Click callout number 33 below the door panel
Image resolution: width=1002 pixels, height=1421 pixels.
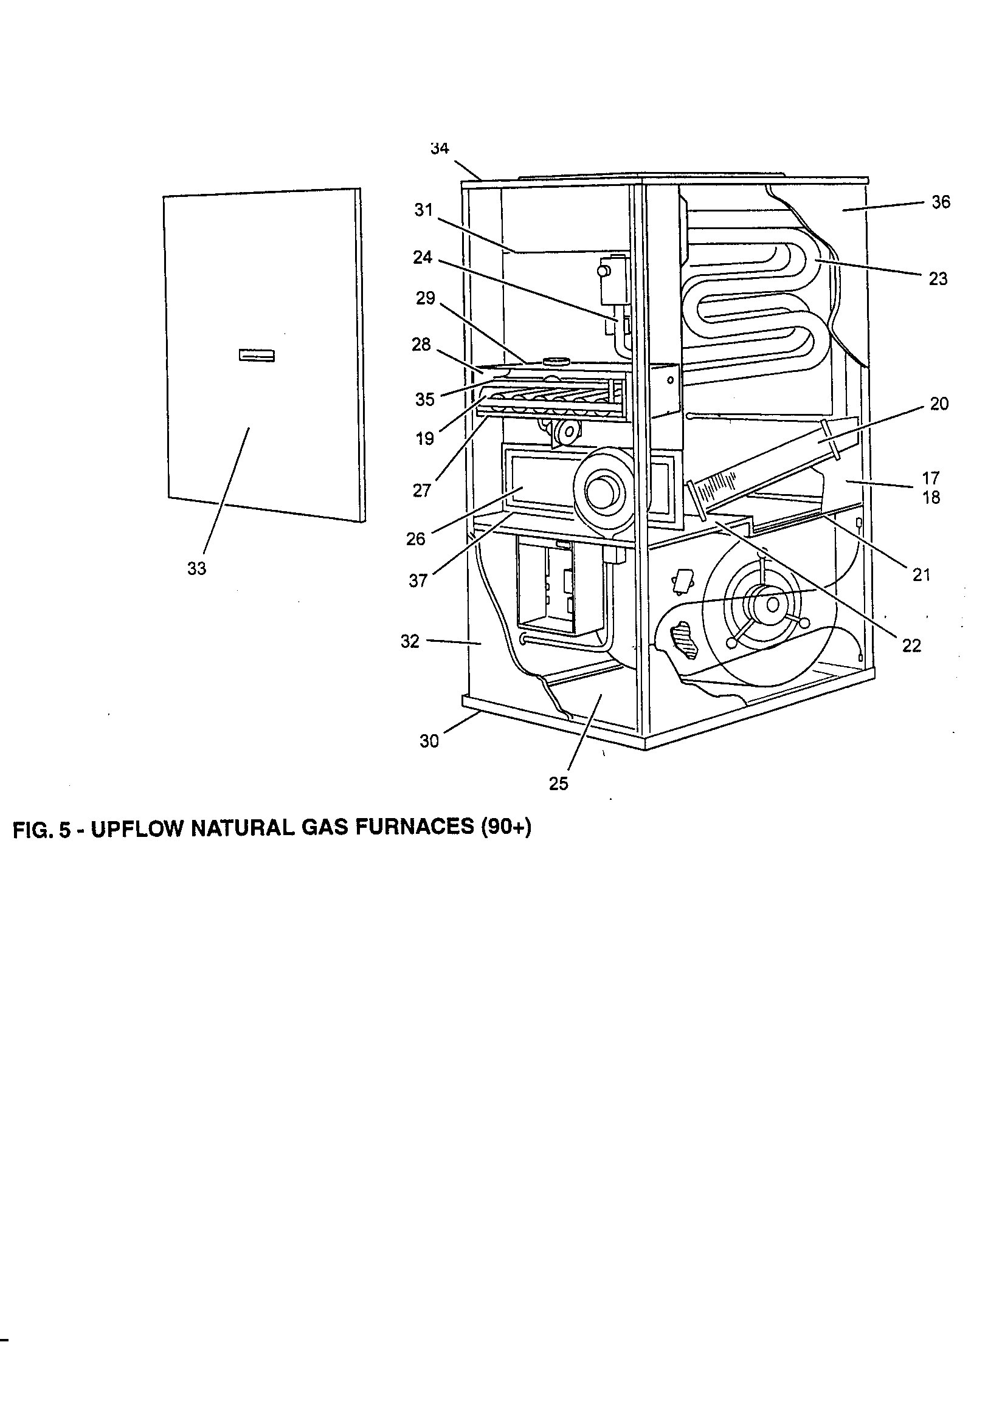tap(196, 569)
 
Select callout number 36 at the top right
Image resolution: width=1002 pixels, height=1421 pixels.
tap(940, 202)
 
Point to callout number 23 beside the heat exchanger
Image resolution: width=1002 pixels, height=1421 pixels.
tap(938, 279)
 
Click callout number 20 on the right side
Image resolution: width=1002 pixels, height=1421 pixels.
tap(939, 404)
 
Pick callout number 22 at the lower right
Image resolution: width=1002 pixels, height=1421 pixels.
tap(911, 646)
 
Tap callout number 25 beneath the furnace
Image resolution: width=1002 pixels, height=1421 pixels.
tap(558, 783)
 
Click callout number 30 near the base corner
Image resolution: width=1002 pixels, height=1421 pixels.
tap(429, 741)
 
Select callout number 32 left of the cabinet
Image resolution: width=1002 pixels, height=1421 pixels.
tap(410, 641)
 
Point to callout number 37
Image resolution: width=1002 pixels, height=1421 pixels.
tap(418, 580)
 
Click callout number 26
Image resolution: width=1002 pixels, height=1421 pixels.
tap(416, 539)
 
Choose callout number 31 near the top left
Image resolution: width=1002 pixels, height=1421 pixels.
tap(423, 210)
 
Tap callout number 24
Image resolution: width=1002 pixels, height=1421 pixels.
tap(423, 258)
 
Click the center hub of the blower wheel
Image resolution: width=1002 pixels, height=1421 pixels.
tap(772, 604)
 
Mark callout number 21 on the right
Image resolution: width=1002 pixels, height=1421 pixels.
tap(922, 575)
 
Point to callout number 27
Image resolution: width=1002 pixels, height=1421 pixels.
tap(422, 491)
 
